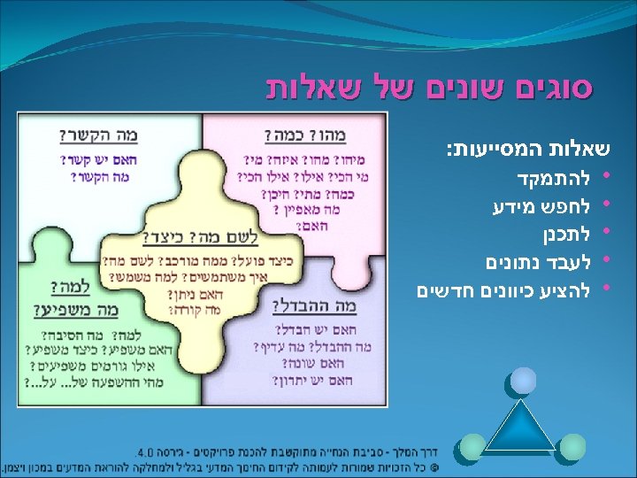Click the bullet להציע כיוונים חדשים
(504, 289)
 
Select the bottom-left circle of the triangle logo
(474, 448)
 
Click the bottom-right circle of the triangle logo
(572, 448)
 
